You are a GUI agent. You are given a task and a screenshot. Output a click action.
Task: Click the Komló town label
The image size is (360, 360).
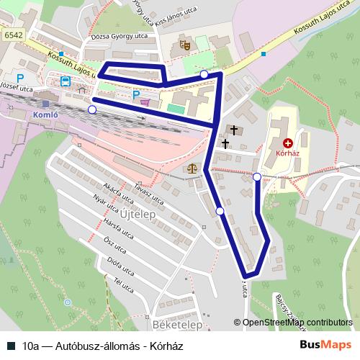tap(48, 114)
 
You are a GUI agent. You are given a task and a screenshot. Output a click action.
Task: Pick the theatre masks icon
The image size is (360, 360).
tap(184, 45)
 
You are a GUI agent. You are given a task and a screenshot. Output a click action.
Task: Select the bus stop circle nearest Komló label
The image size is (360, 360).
tap(91, 109)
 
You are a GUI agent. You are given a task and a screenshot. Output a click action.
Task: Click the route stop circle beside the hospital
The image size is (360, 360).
tap(257, 176)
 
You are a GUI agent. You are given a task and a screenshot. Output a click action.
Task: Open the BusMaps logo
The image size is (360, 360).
tap(325, 345)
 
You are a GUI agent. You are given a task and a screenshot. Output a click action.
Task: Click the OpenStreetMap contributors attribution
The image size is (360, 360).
tap(296, 323)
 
